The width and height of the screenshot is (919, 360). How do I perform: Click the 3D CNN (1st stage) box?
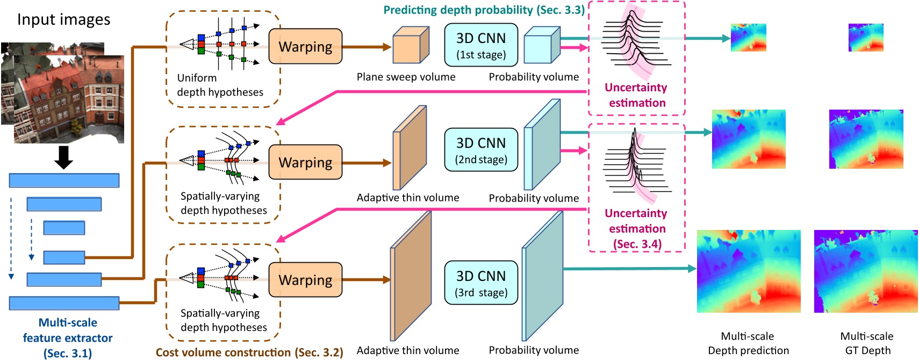pyautogui.click(x=481, y=45)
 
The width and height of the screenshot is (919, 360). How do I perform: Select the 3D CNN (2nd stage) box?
pyautogui.click(x=481, y=150)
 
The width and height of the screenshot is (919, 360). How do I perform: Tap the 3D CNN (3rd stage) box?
pyautogui.click(x=481, y=283)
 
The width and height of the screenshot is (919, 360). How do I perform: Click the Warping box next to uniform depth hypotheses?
pyautogui.click(x=305, y=47)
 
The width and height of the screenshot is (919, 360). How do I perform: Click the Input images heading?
pyautogui.click(x=63, y=19)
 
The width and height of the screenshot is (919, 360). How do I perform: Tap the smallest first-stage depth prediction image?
pyautogui.click(x=748, y=38)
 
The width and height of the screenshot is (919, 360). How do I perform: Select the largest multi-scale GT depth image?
pyautogui.click(x=865, y=271)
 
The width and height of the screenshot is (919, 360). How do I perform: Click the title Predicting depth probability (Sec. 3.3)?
pyautogui.click(x=484, y=10)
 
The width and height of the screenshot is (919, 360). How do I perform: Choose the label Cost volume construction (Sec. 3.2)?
pyautogui.click(x=249, y=352)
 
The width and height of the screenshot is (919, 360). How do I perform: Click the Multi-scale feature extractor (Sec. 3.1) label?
pyautogui.click(x=68, y=337)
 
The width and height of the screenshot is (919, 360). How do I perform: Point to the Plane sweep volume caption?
pyautogui.click(x=406, y=77)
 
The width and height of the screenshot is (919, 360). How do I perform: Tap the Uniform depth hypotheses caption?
pyautogui.click(x=220, y=85)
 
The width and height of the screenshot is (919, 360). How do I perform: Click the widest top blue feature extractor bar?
pyautogui.click(x=64, y=181)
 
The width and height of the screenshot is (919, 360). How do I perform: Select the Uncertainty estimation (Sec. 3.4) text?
pyautogui.click(x=637, y=228)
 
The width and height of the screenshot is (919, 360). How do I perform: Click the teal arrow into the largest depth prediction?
pyautogui.click(x=629, y=269)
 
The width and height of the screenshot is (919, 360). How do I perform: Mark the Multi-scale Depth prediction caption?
pyautogui.click(x=748, y=343)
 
